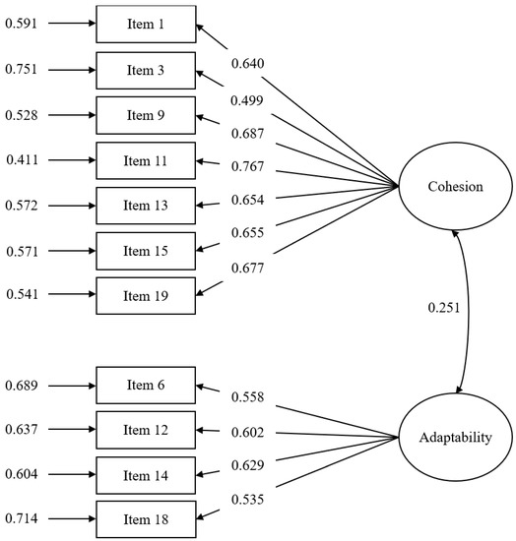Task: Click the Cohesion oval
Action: point(454,187)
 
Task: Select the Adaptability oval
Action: point(454,434)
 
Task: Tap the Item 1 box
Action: point(146,23)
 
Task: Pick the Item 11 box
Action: point(146,159)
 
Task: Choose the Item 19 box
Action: point(146,295)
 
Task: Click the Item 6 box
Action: point(146,384)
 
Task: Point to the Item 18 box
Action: point(146,518)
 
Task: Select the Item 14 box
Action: point(146,474)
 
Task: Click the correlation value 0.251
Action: point(443,308)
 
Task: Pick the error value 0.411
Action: point(23,159)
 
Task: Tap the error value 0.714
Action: point(23,518)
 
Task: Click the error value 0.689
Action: point(23,384)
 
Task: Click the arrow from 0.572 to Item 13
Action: point(69,205)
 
